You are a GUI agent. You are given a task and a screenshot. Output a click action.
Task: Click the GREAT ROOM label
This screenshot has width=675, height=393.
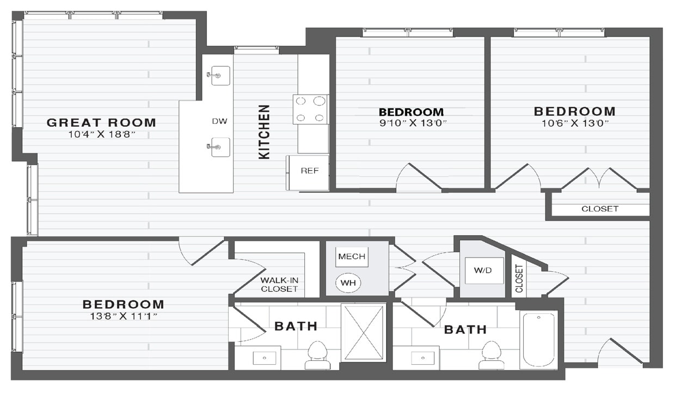(x=101, y=122)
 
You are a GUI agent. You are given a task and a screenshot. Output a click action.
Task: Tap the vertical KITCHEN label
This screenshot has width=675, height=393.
(x=264, y=132)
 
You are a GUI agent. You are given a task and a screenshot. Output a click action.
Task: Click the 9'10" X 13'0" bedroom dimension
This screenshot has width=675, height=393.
(x=412, y=123)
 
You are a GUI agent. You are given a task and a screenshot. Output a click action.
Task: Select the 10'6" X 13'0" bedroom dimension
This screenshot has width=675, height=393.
(x=574, y=123)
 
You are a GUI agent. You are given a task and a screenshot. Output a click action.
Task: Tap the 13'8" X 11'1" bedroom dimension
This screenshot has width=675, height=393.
(x=123, y=316)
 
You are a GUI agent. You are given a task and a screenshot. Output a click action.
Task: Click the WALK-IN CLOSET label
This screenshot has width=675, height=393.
(x=279, y=284)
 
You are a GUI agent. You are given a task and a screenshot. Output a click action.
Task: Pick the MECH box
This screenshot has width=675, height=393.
(x=352, y=257)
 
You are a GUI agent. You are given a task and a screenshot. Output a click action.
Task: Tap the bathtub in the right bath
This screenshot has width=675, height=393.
(x=538, y=339)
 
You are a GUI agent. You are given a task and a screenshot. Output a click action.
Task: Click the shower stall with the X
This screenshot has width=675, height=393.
(x=363, y=332)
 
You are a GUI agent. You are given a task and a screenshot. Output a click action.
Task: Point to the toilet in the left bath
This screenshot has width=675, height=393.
(x=317, y=355)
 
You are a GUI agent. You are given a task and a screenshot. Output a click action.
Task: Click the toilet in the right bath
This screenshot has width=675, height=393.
(x=492, y=355)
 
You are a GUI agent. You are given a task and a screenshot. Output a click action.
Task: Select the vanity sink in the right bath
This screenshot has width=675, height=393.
(x=423, y=358)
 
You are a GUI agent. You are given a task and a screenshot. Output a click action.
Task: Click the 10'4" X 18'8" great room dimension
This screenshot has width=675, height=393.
(x=101, y=134)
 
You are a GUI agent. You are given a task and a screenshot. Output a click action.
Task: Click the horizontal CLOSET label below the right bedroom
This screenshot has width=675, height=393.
(x=600, y=209)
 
